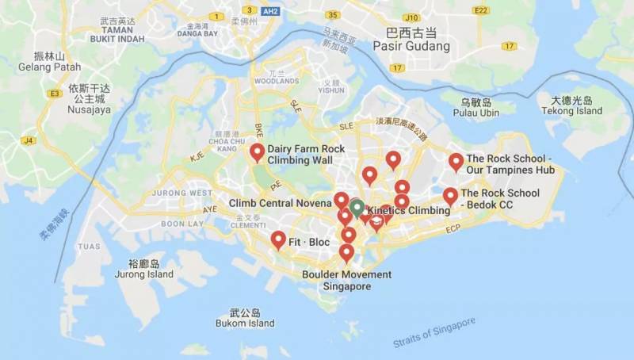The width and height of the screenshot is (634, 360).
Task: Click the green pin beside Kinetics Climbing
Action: click(x=357, y=208)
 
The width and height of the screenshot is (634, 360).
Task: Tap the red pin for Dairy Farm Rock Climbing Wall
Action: click(x=257, y=151)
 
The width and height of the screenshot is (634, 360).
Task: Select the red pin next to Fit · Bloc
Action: click(x=278, y=239)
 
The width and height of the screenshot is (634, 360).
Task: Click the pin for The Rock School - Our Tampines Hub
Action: click(x=456, y=161)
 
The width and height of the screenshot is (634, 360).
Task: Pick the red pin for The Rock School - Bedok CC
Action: click(x=450, y=195)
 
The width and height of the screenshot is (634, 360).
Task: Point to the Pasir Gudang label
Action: click(x=417, y=46)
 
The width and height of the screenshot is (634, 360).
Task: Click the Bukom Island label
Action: click(x=245, y=323)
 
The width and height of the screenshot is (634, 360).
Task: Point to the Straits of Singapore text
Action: click(x=434, y=332)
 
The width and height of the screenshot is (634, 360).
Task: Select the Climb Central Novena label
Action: click(x=280, y=203)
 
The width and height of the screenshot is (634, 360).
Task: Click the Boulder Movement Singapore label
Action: click(x=346, y=280)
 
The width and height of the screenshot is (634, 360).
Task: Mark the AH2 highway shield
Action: click(x=270, y=11)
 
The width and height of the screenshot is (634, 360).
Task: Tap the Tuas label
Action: click(x=89, y=246)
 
